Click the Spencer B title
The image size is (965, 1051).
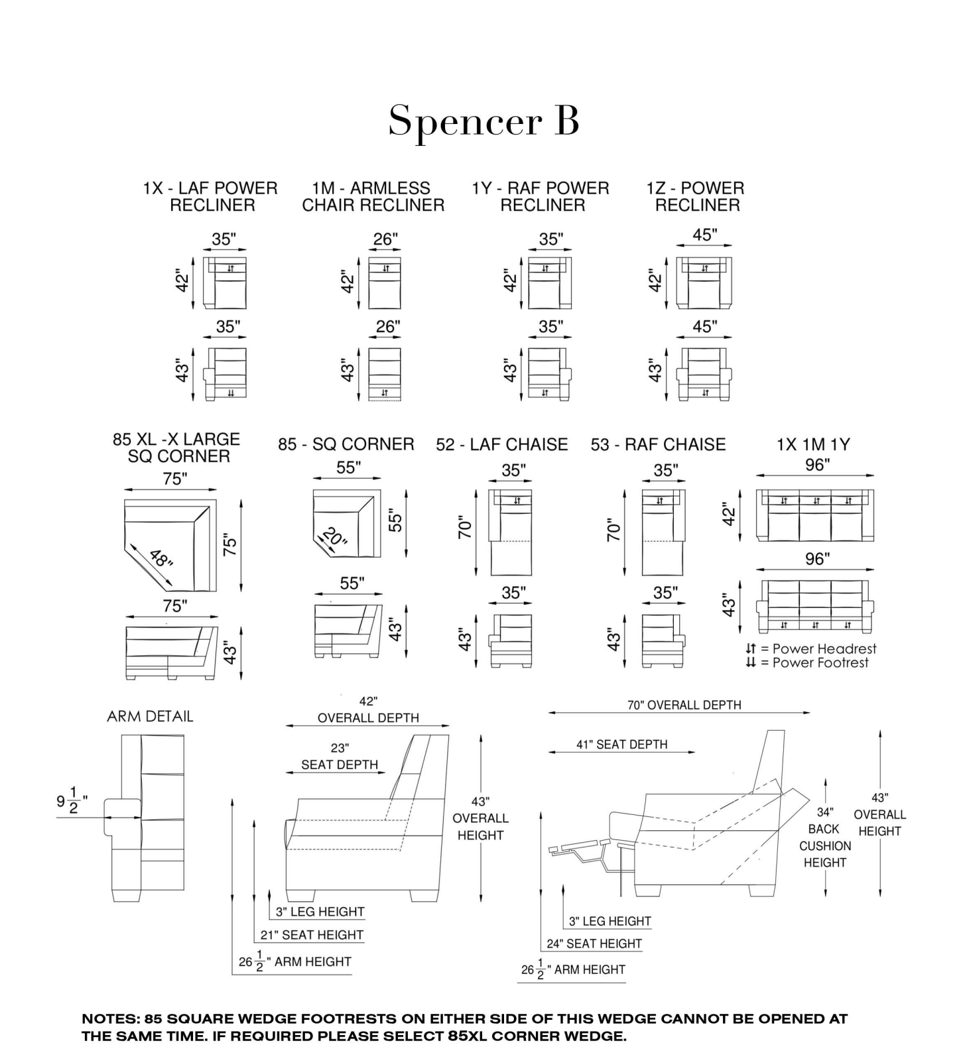(483, 121)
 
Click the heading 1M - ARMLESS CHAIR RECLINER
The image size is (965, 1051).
(373, 197)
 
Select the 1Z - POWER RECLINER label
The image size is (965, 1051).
(696, 197)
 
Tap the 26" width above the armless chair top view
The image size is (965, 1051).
(385, 239)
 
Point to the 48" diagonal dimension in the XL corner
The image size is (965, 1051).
(161, 558)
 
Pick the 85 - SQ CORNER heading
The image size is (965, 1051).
(346, 444)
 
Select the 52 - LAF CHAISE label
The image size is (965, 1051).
(501, 444)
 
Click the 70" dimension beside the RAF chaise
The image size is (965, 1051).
(614, 530)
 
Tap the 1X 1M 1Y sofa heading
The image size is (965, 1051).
(813, 445)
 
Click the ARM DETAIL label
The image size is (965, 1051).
(150, 716)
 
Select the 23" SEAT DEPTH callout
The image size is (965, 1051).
(339, 757)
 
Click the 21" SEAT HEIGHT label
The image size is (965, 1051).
(312, 935)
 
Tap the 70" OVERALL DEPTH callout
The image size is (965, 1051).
(684, 705)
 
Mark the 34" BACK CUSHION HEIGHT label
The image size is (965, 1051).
(824, 837)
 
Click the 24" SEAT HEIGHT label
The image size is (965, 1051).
(594, 944)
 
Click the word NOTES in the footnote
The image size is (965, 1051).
(109, 1019)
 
